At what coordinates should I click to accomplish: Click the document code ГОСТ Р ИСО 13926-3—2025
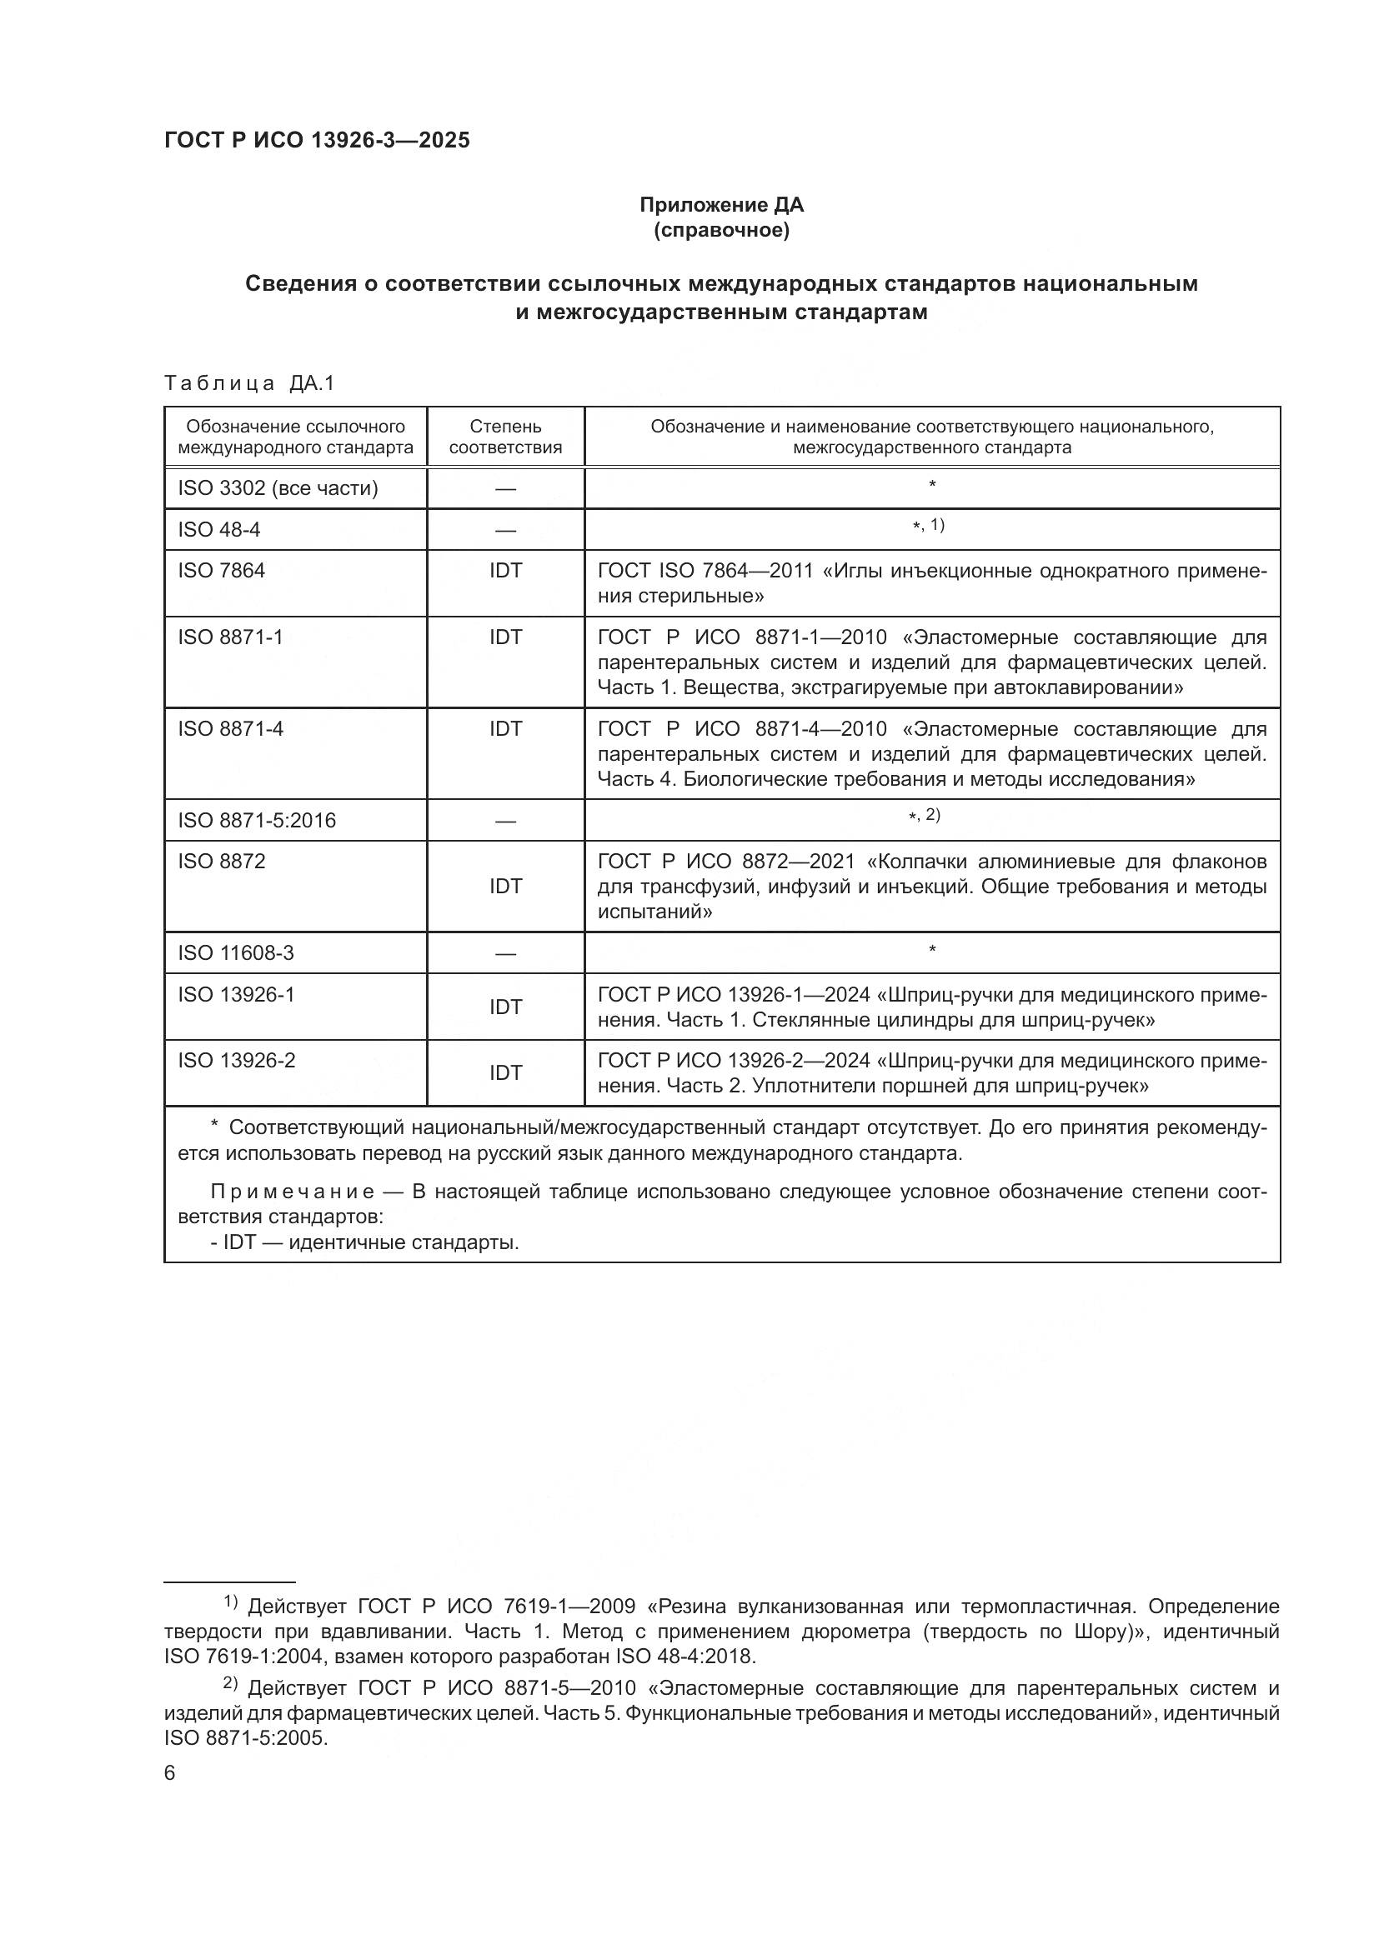[317, 141]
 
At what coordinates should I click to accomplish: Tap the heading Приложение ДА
[721, 205]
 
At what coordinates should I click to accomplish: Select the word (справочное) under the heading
[721, 230]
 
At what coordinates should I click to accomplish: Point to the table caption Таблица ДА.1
[249, 383]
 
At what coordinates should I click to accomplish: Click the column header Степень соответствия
[505, 437]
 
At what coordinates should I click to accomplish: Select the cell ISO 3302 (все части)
[278, 489]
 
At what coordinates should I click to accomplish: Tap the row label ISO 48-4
[219, 530]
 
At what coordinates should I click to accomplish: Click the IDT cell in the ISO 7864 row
[505, 571]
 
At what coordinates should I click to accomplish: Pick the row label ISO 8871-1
[230, 637]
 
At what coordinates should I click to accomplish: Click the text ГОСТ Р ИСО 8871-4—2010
[742, 729]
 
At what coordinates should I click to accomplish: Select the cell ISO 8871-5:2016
[257, 821]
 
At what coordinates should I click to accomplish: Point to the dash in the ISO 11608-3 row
[505, 954]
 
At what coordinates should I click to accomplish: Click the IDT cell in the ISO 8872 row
[505, 887]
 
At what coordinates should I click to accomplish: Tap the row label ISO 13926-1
[236, 995]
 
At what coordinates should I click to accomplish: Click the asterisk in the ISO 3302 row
[932, 486]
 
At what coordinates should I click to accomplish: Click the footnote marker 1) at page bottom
[230, 1602]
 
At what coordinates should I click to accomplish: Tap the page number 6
[170, 1773]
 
